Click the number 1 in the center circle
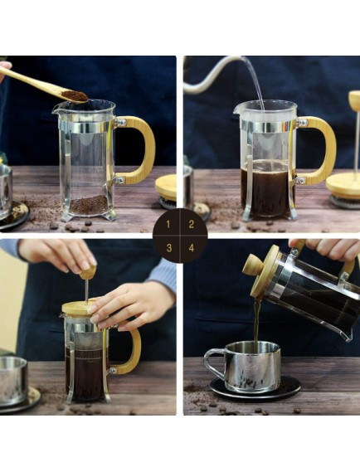pos(170,224)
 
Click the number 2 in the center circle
pos(191,224)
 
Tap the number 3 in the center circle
pos(170,246)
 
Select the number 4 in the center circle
pos(191,246)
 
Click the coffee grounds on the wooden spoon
pos(75,96)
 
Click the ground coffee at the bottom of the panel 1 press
pos(89,204)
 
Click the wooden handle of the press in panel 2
pos(324,149)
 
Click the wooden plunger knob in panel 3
pos(87,271)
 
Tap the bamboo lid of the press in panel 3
pos(80,308)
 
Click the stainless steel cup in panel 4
pos(245,365)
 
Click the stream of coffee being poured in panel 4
pos(256,319)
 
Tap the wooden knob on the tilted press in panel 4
pos(251,265)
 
